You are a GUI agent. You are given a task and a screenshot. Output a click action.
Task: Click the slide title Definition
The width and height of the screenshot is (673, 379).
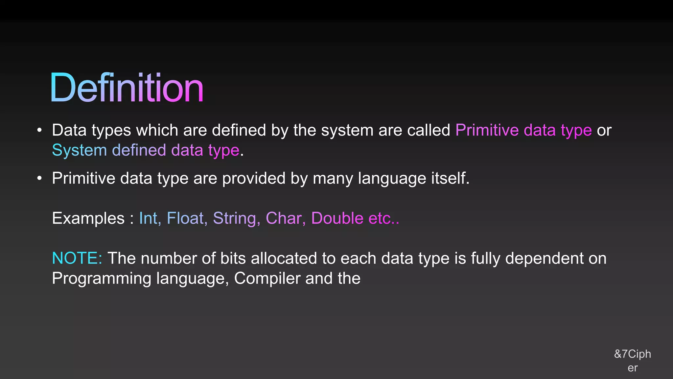pyautogui.click(x=127, y=88)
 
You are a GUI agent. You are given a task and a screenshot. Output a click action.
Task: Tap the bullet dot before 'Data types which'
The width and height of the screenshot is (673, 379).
pyautogui.click(x=39, y=130)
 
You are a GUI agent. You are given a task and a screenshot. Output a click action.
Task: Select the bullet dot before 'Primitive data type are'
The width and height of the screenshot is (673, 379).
pyautogui.click(x=39, y=178)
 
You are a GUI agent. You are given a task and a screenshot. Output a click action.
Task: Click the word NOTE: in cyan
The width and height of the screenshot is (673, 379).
pyautogui.click(x=77, y=258)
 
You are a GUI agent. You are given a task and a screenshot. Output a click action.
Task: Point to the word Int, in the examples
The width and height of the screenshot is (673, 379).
pyautogui.click(x=150, y=218)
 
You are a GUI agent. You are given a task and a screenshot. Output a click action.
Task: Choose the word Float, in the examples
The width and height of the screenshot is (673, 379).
pyautogui.click(x=187, y=218)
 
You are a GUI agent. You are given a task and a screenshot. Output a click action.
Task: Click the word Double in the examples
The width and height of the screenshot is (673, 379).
pyautogui.click(x=337, y=218)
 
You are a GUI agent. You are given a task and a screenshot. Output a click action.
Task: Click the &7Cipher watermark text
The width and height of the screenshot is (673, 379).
pyautogui.click(x=633, y=361)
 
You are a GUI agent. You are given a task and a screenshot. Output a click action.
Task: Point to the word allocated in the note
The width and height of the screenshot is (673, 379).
pyautogui.click(x=284, y=258)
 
